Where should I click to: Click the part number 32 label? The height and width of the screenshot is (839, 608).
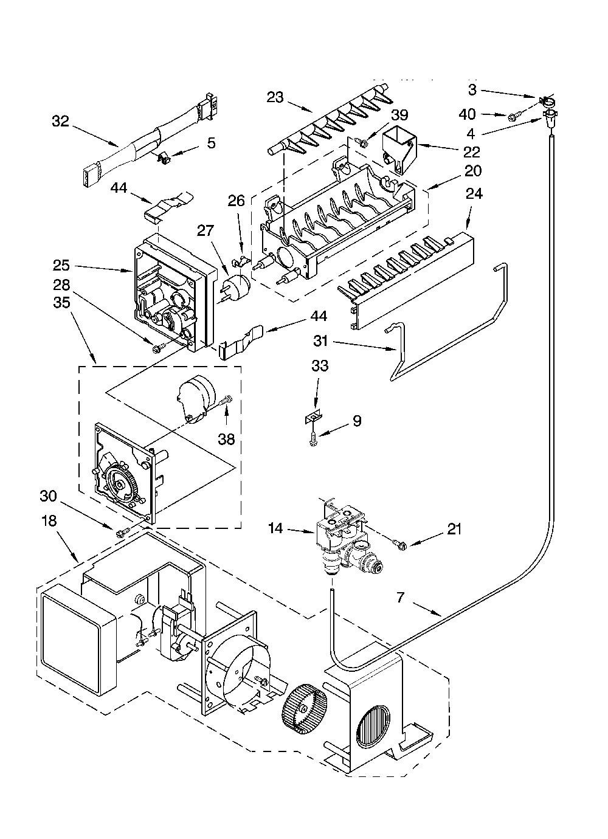61,122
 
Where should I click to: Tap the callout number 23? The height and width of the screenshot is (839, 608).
275,98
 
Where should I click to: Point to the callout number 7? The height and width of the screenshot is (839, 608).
401,598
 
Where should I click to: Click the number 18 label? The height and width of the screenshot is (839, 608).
49,520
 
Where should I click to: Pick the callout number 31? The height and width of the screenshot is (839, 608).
320,341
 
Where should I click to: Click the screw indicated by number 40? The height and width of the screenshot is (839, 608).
512,117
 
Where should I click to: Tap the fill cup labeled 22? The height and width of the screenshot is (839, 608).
399,153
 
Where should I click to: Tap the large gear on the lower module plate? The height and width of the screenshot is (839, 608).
120,484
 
